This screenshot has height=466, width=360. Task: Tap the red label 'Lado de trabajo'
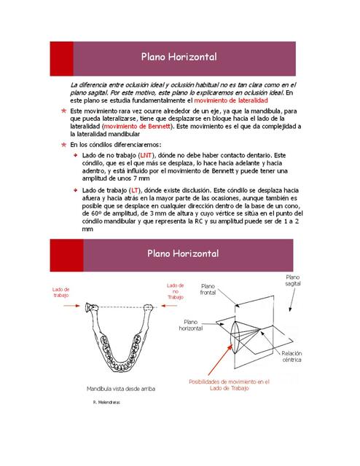tap(60, 291)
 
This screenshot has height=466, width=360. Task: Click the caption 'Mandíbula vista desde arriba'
tap(120, 389)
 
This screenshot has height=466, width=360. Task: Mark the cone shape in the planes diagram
tap(241, 331)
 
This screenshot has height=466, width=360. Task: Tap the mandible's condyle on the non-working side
tap(150, 309)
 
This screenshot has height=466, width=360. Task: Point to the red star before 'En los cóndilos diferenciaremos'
tap(64, 144)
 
